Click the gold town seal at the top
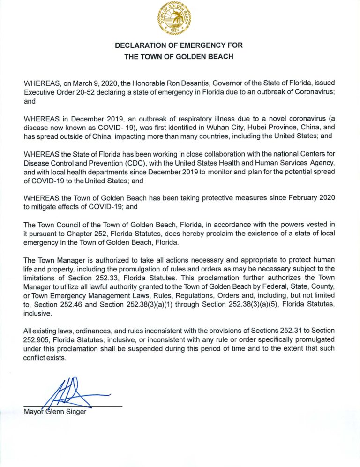point(180,19)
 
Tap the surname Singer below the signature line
point(76,412)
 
